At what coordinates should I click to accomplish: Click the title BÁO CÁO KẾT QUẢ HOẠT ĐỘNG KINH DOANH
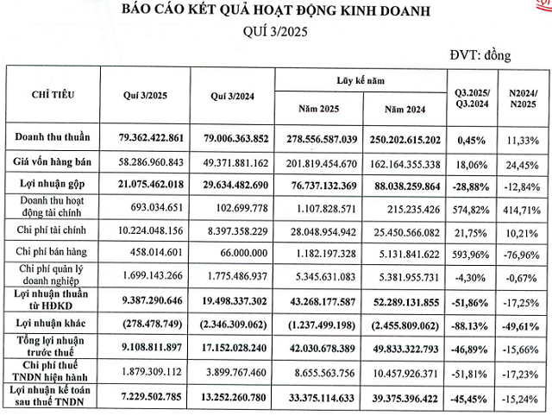[x=277, y=12]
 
